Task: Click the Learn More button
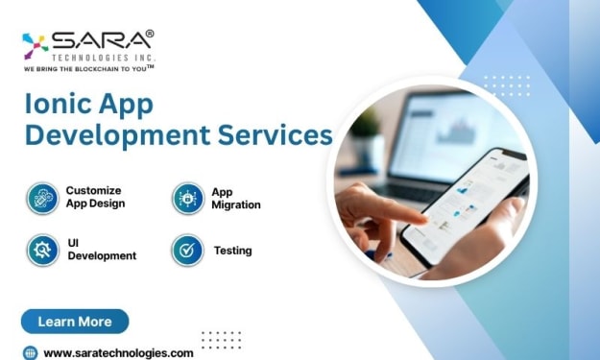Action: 75,322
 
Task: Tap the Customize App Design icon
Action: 42,198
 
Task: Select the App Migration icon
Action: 188,198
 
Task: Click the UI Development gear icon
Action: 42,251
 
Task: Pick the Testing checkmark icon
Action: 187,251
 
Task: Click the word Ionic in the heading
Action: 59,104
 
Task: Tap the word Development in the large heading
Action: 117,136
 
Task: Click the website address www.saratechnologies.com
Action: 118,352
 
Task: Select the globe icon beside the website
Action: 30,352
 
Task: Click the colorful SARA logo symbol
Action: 35,46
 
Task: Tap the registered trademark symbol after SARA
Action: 150,34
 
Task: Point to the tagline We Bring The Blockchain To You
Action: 88,68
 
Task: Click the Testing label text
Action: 232,251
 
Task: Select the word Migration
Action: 236,205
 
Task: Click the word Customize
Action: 93,190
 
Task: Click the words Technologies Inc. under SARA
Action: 104,58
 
